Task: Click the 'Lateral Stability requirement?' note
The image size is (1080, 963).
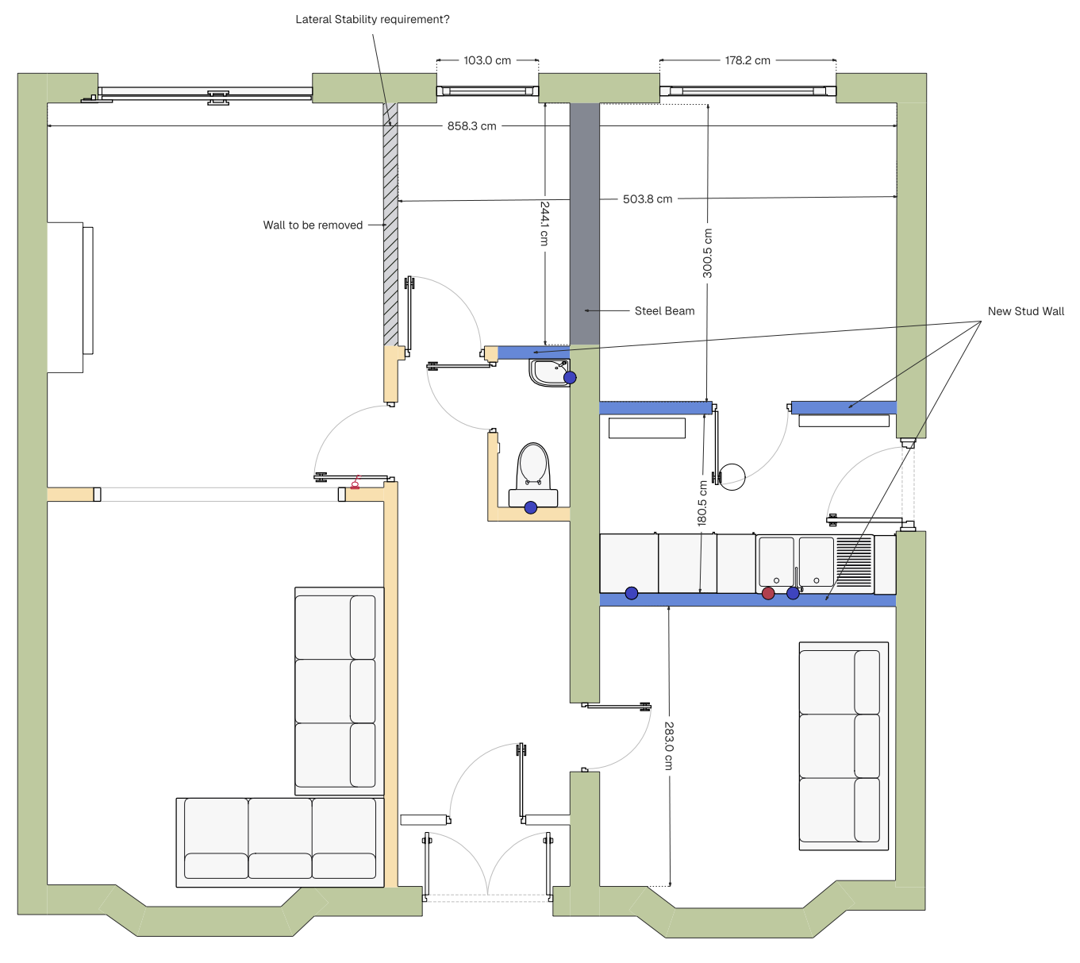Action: pos(372,20)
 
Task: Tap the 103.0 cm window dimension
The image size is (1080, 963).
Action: pos(486,60)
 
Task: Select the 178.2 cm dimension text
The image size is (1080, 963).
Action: pos(748,60)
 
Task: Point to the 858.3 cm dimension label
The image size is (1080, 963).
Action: pos(471,126)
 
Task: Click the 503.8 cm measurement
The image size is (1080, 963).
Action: pos(648,199)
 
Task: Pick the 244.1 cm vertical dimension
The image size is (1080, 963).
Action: pos(544,223)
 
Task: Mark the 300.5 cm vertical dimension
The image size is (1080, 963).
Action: pos(707,253)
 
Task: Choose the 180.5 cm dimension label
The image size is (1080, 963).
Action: pos(702,503)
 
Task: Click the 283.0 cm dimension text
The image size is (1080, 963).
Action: pos(669,745)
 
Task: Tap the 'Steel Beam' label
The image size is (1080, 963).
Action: pos(664,311)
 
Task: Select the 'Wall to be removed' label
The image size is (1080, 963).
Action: pos(313,225)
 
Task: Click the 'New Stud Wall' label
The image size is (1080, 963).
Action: pos(1025,311)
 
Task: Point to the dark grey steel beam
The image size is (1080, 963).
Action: pos(584,224)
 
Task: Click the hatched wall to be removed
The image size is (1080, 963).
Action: pos(390,224)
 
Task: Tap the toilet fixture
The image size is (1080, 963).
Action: pos(533,475)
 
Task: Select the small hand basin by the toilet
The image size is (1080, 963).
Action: pos(550,372)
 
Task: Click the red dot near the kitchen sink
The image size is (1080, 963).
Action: pos(767,593)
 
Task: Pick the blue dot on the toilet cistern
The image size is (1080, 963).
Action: pos(530,507)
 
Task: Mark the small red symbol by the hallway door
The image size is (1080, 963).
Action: pos(355,483)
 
